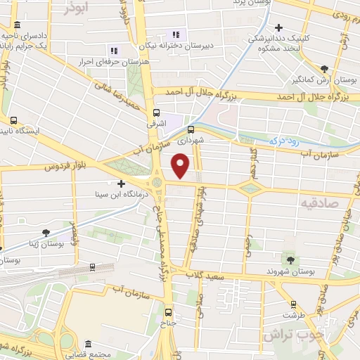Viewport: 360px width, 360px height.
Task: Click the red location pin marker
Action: tap(181, 166)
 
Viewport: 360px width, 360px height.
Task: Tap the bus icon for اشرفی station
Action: tap(156, 111)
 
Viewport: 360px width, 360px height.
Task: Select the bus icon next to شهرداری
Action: tap(191, 129)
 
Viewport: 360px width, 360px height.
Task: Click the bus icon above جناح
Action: tap(167, 312)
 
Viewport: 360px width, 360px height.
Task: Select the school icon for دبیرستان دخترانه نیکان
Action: tap(176, 34)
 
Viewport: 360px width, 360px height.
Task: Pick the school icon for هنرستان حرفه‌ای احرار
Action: tap(113, 50)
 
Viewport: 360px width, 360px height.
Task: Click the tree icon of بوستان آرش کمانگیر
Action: tap(323, 69)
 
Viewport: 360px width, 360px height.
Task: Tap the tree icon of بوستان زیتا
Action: tap(46, 232)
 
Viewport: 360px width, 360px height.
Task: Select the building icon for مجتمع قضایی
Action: tap(87, 345)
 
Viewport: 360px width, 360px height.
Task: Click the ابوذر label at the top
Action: tap(76, 8)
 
